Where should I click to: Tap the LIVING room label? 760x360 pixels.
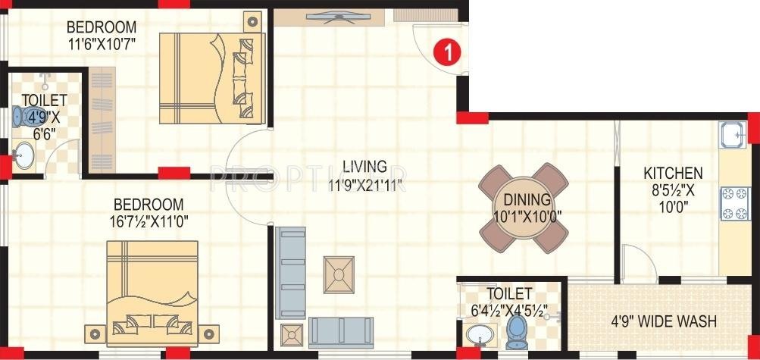(364, 166)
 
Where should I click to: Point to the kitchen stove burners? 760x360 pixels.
(732, 202)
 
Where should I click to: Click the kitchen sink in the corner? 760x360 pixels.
(733, 136)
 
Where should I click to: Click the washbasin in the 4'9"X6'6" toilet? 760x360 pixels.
(23, 157)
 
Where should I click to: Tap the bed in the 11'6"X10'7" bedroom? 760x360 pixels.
(211, 78)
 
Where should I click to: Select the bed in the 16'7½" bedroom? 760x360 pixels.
(152, 290)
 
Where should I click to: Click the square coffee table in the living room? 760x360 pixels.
(338, 273)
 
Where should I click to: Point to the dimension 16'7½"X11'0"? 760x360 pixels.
(149, 221)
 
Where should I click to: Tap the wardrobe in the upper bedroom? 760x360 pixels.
(102, 120)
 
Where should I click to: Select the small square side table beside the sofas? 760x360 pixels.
(292, 334)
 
